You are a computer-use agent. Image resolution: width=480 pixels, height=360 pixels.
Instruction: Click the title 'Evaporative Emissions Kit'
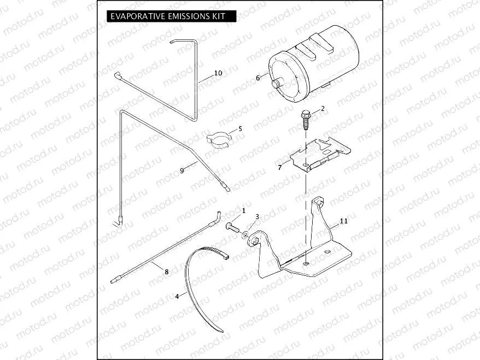tap(167, 16)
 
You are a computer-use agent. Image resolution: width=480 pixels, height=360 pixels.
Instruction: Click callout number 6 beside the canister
tap(257, 78)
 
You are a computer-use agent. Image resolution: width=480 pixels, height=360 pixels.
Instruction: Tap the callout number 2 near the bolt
tap(323, 108)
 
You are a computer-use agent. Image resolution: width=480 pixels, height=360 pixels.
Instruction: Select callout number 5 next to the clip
tap(239, 129)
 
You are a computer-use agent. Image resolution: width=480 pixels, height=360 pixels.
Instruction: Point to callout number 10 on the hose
tap(218, 73)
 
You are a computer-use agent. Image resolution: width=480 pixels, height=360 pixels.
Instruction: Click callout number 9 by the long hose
tap(182, 171)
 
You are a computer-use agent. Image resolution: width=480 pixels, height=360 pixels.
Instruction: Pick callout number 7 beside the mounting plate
tap(280, 167)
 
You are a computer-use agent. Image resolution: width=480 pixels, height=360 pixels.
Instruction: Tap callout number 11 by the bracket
tap(343, 221)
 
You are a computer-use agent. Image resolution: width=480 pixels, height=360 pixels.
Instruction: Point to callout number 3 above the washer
tap(257, 217)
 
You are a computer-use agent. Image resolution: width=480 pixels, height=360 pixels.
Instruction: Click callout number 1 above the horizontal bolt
tap(243, 210)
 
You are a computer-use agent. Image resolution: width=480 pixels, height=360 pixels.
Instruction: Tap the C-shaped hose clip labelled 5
tap(219, 139)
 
